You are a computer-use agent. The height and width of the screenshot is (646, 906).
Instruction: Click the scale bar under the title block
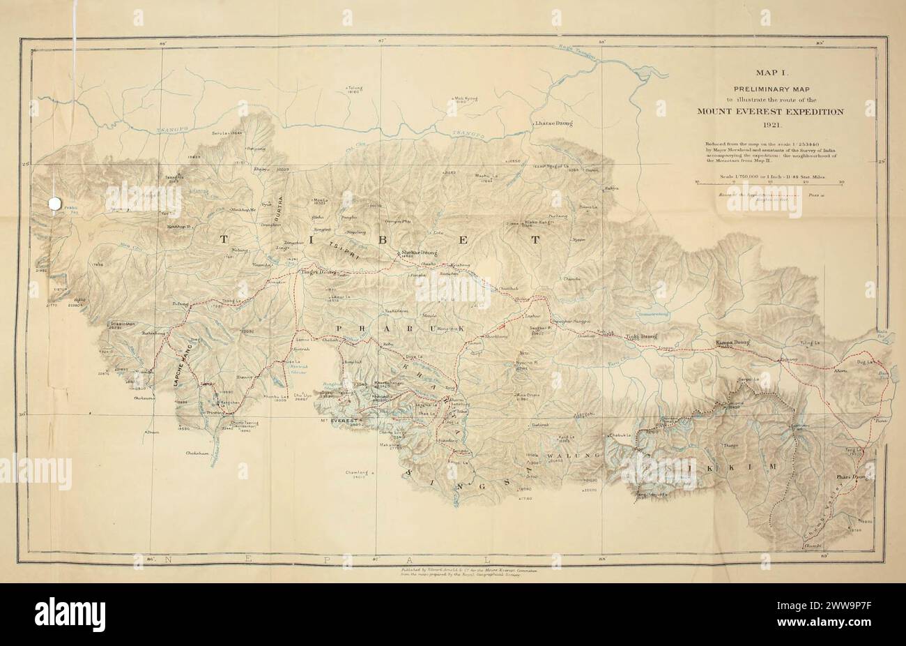pos(769,182)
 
